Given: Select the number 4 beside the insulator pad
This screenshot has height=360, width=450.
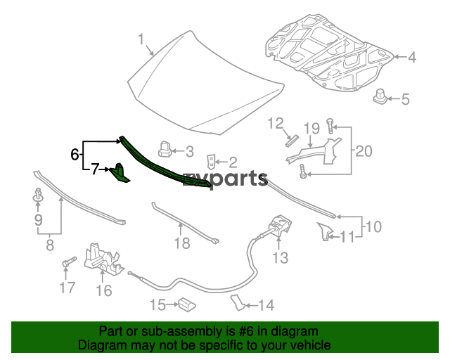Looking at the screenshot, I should [412, 58].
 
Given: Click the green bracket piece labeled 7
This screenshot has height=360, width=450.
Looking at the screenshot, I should [121, 173].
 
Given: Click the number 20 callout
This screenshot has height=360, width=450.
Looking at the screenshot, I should [364, 150].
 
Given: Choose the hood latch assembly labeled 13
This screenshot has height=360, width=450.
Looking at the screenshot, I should [278, 228].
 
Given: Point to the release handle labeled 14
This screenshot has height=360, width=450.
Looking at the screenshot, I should [237, 302].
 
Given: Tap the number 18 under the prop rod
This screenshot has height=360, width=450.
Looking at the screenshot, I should [182, 244].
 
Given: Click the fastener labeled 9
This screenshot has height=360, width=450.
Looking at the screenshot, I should [37, 198].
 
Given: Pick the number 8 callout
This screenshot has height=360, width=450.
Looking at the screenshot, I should [50, 245].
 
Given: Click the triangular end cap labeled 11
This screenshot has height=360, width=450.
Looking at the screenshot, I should [324, 231].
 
